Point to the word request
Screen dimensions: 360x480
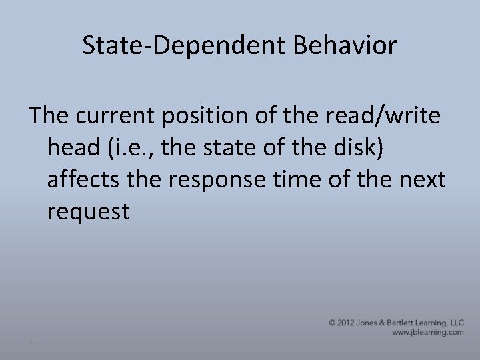pos(89,213)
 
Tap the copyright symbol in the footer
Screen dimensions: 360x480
pos(333,323)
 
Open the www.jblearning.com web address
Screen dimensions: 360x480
pos(427,332)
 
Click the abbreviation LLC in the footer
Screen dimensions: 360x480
pos(456,323)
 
